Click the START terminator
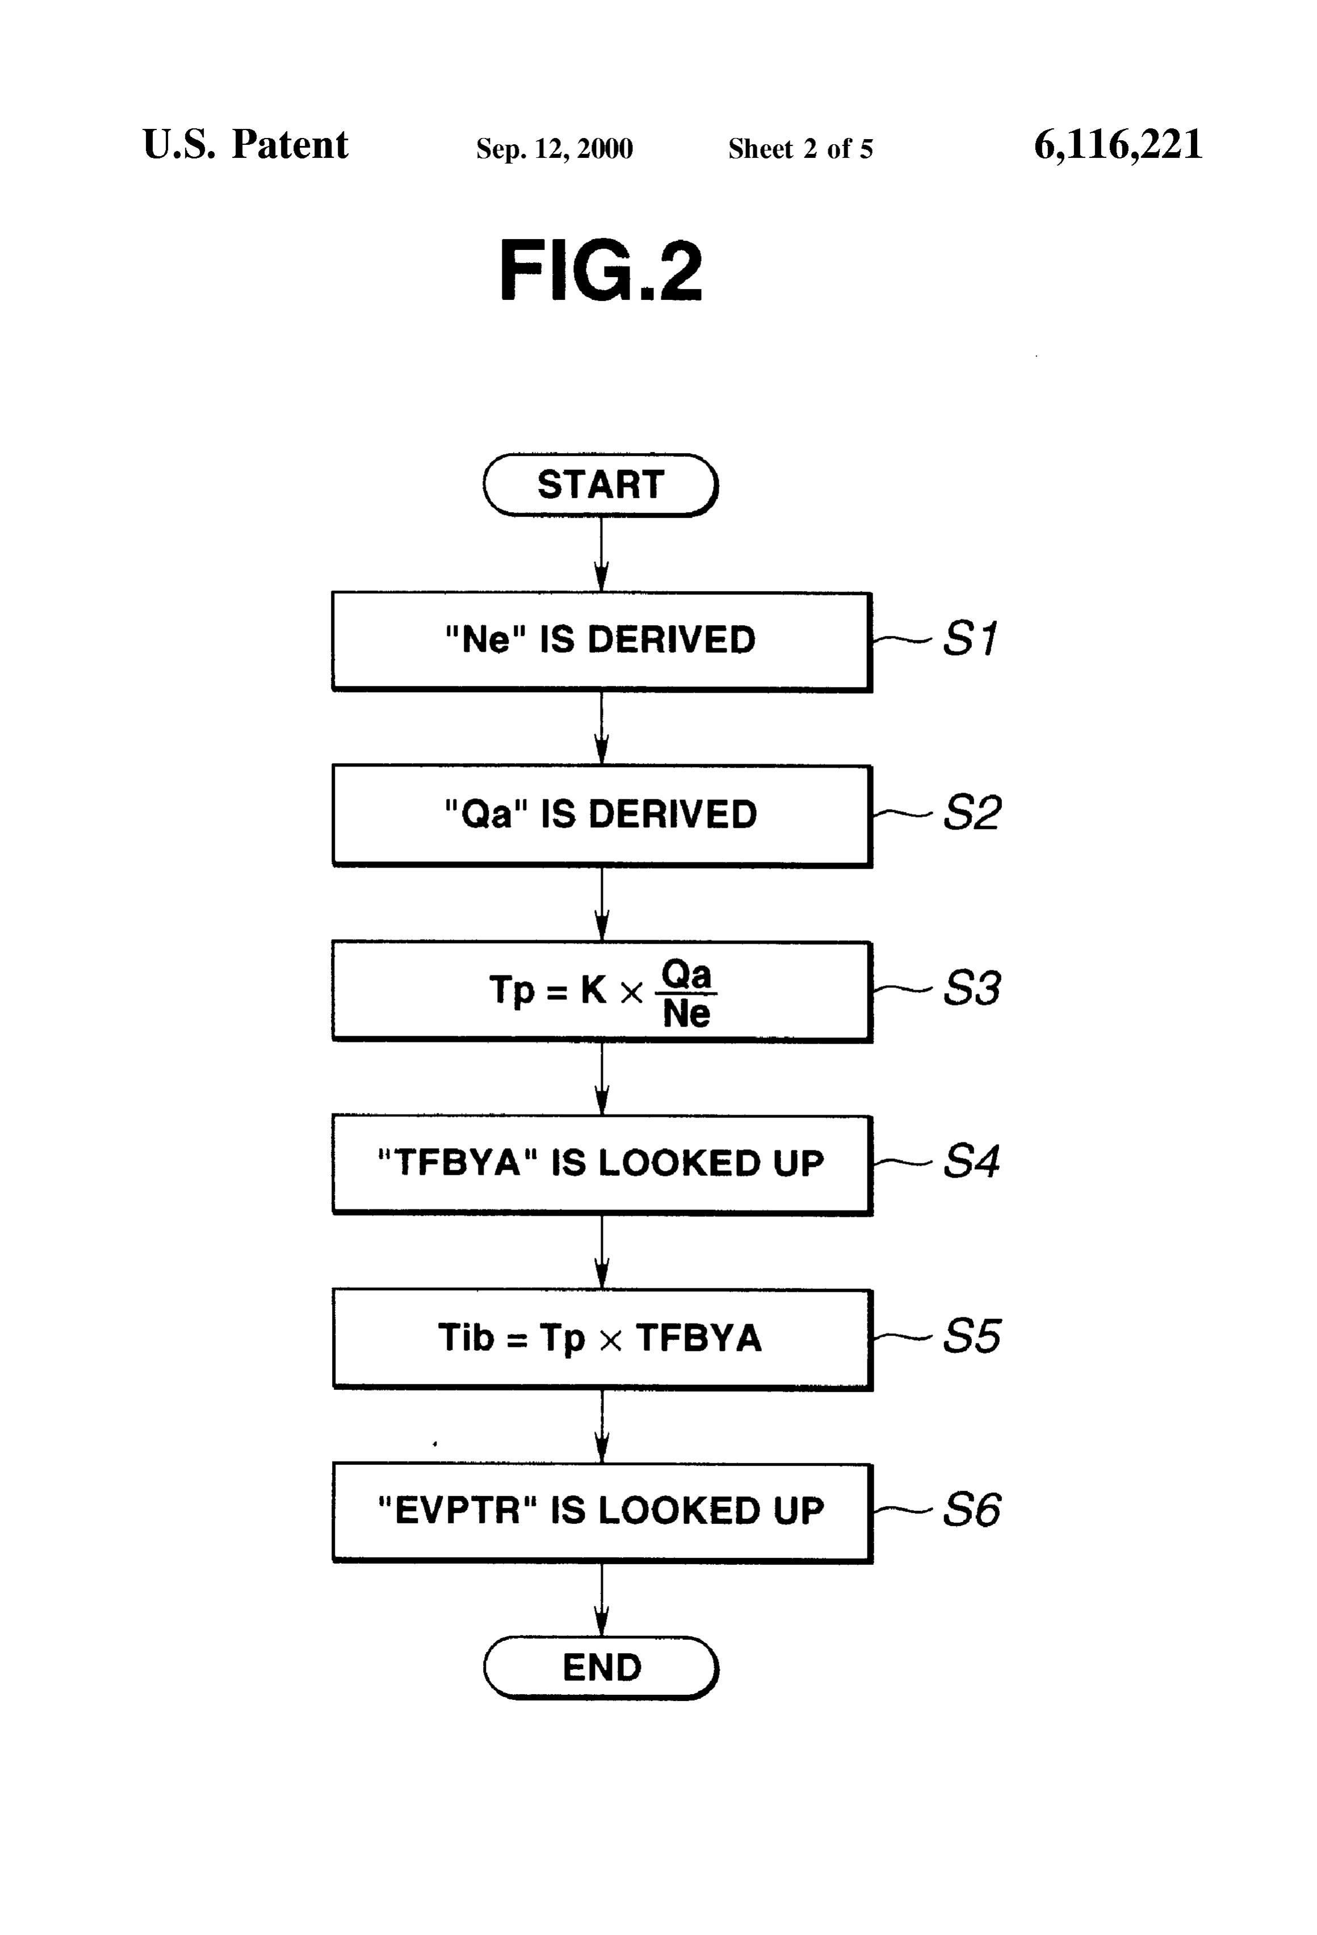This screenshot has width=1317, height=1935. coord(600,484)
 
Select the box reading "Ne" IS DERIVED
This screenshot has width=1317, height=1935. coord(602,641)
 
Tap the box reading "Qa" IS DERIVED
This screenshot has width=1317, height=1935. coord(602,816)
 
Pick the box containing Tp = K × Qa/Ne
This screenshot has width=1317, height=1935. coord(602,991)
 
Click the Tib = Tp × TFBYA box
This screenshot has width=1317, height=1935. coord(602,1339)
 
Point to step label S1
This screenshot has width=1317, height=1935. coord(970,639)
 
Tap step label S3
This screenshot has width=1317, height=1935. coord(971,989)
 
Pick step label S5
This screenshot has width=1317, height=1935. coord(971,1337)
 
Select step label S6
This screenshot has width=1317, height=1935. coord(971,1510)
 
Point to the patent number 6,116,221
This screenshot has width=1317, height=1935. coord(1118,145)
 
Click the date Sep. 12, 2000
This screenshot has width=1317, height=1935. coord(555,149)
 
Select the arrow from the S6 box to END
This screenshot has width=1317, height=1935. coord(602,1599)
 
